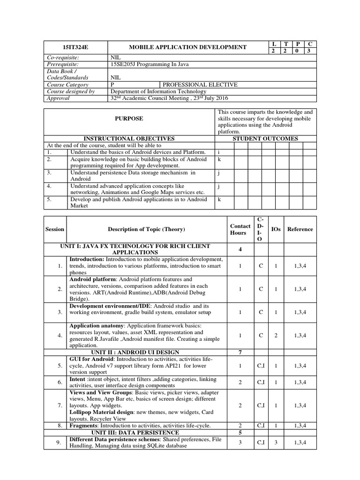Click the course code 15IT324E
(x=75, y=47)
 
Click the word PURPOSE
(x=129, y=119)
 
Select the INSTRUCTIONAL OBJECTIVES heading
(x=129, y=139)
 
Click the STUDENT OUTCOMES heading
(x=265, y=139)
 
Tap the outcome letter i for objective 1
(x=218, y=152)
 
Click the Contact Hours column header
(x=240, y=229)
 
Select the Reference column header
(x=300, y=229)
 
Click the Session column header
(x=55, y=229)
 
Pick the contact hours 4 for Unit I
(x=240, y=249)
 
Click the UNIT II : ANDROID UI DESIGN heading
(x=135, y=352)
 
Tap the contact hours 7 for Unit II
(x=240, y=352)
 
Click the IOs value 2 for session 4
(x=276, y=336)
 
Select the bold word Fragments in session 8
(x=83, y=426)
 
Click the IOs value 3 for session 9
(x=276, y=442)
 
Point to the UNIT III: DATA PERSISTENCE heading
(x=135, y=432)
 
